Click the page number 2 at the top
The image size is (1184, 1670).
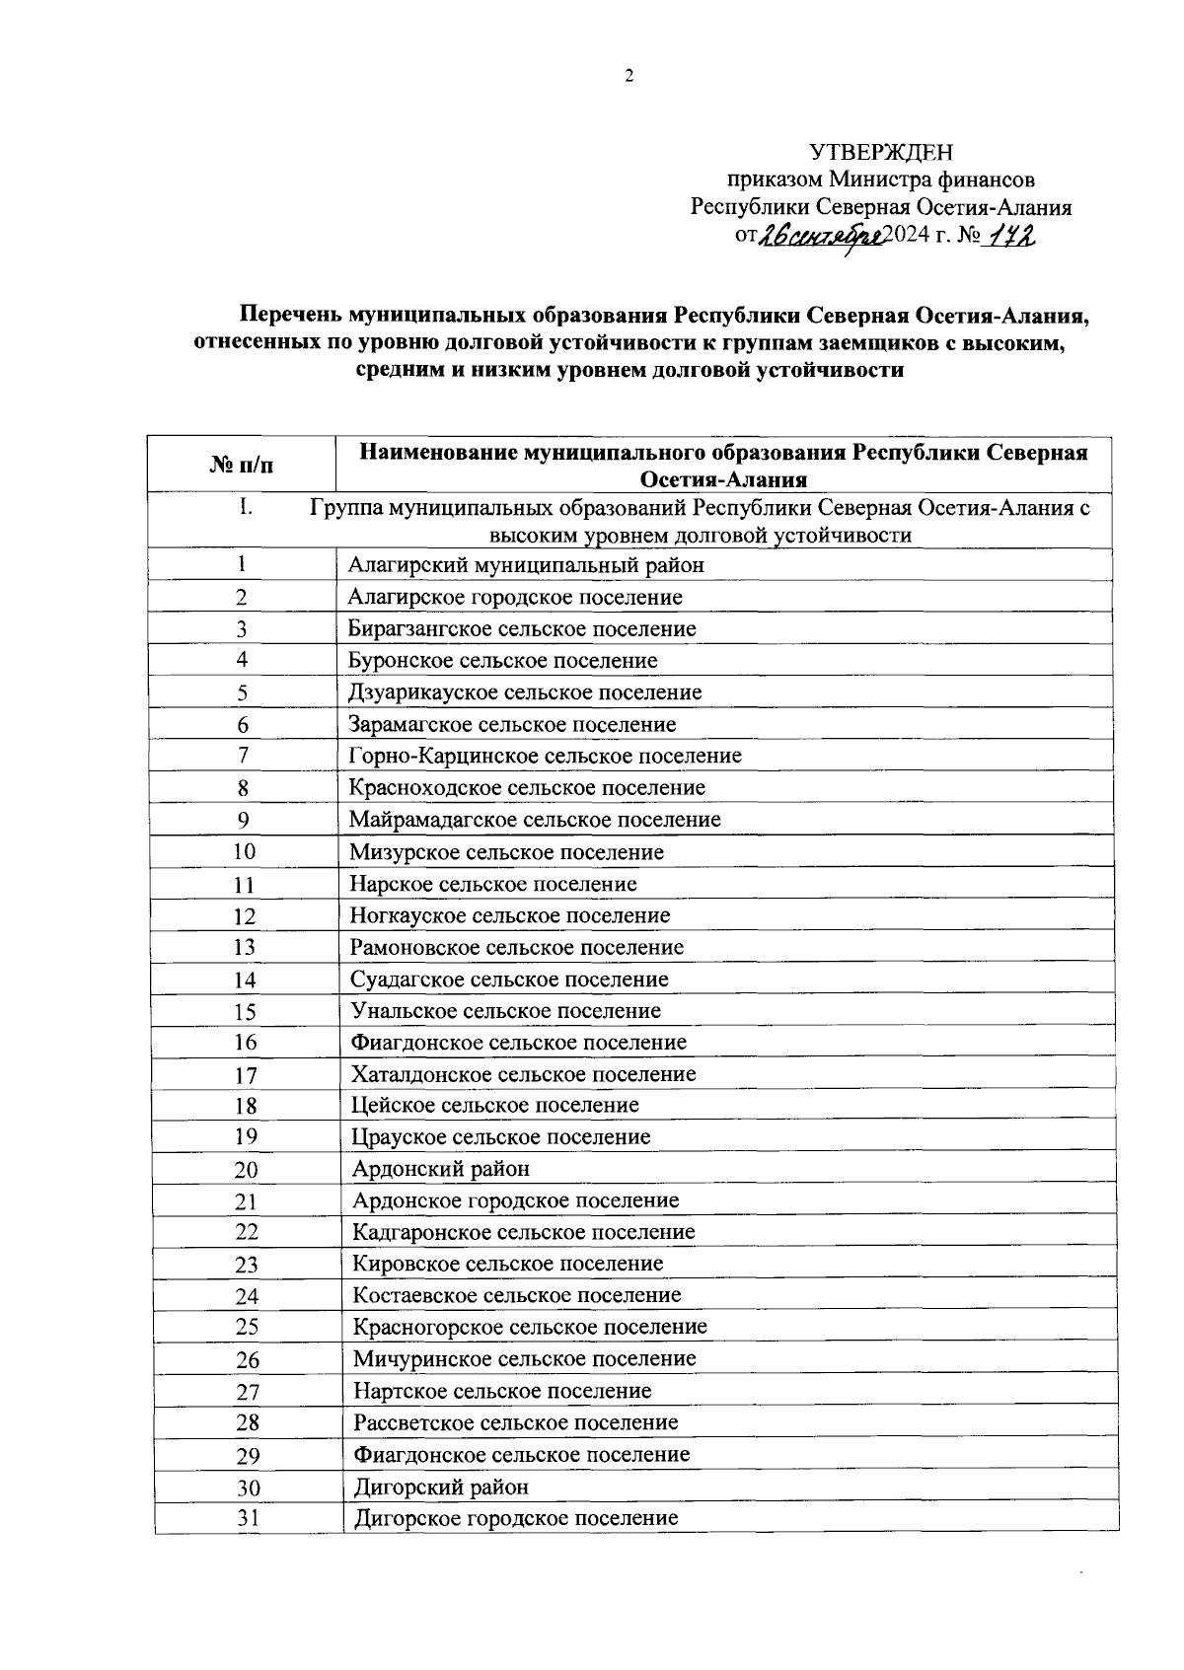click(x=628, y=77)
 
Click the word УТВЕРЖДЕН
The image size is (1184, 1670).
click(x=881, y=152)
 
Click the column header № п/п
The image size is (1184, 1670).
click(x=242, y=465)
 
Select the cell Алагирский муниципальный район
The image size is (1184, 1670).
click(x=526, y=565)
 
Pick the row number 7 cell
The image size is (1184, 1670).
click(x=242, y=756)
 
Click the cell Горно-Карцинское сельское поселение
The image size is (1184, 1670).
click(x=545, y=757)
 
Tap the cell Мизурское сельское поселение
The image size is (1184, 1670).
click(x=506, y=852)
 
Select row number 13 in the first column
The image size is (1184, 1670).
click(x=244, y=947)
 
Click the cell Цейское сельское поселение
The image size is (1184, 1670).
click(x=495, y=1106)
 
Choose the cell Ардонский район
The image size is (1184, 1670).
click(x=441, y=1169)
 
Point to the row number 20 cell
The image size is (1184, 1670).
click(x=246, y=1170)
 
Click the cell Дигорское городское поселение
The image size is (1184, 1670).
click(x=516, y=1518)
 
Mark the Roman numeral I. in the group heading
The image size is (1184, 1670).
click(x=246, y=508)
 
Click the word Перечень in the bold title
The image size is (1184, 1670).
click(x=287, y=317)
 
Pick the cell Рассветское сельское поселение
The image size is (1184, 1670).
click(x=516, y=1422)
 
